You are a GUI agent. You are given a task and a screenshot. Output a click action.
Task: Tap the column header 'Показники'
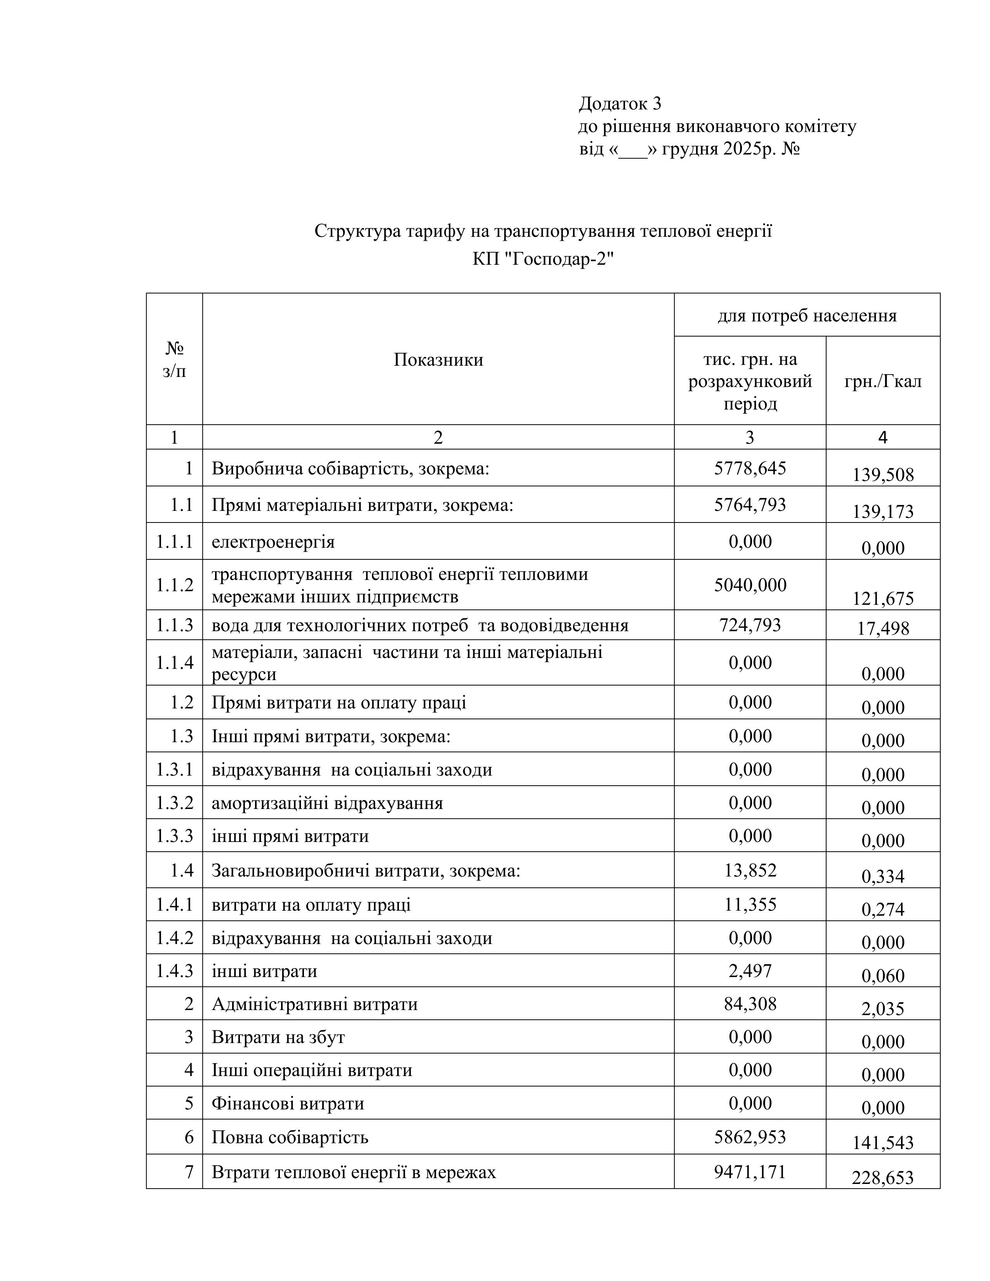pos(438,359)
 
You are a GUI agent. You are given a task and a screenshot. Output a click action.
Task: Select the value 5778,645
pos(750,468)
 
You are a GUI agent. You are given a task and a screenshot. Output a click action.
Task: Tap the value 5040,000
pos(750,585)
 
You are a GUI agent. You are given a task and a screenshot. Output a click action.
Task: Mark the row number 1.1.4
pos(174,663)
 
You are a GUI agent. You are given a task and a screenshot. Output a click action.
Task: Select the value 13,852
pos(750,870)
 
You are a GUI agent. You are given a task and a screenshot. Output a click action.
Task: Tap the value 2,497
pos(750,971)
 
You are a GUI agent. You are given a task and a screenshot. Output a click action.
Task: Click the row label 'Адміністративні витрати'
pos(314,1004)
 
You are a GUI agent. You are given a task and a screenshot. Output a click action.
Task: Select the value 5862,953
pos(750,1137)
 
